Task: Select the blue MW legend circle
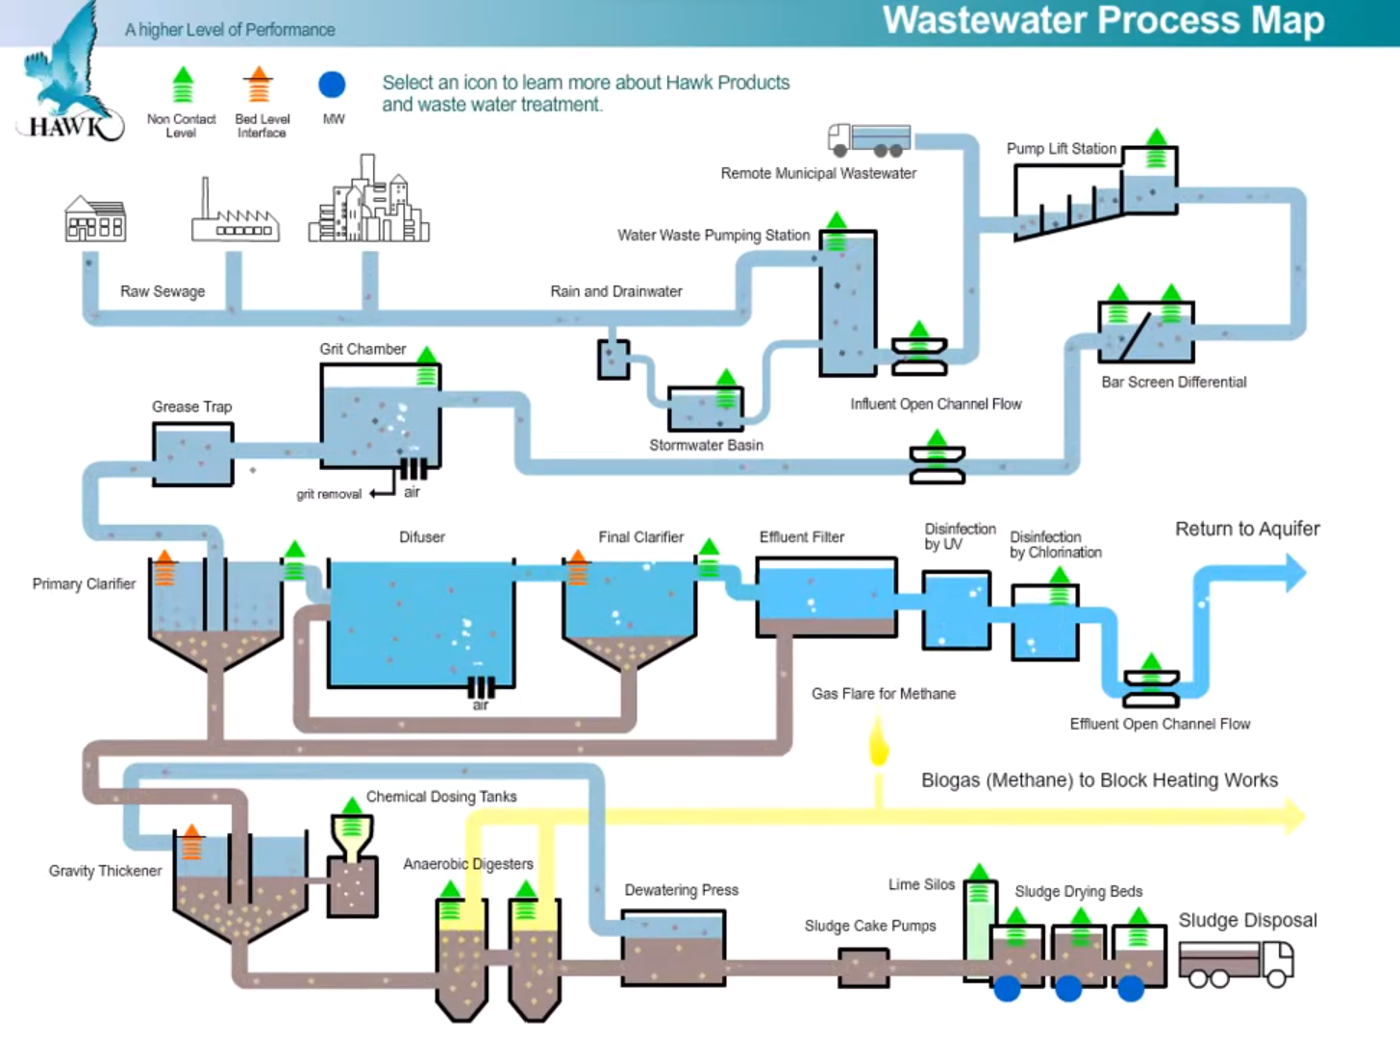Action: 332,85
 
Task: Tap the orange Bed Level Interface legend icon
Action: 258,86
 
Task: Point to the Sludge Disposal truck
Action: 1237,962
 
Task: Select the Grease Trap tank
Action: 192,455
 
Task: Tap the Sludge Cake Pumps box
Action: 863,968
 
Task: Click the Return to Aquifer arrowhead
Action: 1294,573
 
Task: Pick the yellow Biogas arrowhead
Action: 1294,816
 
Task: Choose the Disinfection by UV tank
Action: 956,610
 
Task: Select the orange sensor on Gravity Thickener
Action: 191,842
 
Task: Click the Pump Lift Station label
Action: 1061,149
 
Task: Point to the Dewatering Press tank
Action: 673,949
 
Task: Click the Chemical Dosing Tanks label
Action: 441,797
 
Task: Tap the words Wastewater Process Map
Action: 1103,21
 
